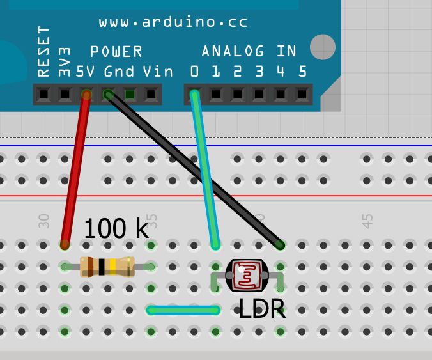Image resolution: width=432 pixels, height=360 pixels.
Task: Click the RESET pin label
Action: click(43, 51)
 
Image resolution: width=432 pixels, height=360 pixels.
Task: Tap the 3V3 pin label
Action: click(65, 61)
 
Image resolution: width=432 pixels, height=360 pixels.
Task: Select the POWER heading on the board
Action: click(116, 51)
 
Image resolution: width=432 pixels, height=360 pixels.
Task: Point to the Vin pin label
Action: click(157, 71)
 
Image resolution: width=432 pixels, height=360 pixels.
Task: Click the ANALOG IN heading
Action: click(249, 51)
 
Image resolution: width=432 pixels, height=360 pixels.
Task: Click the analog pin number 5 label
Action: click(302, 71)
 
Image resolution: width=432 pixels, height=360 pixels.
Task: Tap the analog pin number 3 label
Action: click(259, 71)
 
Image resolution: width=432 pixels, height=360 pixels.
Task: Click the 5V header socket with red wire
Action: click(86, 95)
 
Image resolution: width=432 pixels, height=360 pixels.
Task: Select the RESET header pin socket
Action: click(43, 95)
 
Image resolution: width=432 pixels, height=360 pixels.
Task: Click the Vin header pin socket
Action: click(151, 95)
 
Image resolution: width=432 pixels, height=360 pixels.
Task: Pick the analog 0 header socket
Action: click(194, 95)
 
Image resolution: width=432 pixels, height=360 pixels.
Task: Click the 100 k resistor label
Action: click(116, 228)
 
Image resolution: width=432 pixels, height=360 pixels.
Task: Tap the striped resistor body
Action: click(107, 267)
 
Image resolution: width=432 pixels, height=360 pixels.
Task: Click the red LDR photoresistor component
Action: click(247, 275)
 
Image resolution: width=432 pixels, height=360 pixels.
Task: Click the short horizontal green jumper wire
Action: click(183, 311)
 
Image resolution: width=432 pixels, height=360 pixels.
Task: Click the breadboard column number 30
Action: click(43, 221)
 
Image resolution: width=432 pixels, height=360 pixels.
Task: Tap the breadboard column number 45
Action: click(367, 221)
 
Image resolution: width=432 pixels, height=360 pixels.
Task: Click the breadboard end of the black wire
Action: click(280, 244)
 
